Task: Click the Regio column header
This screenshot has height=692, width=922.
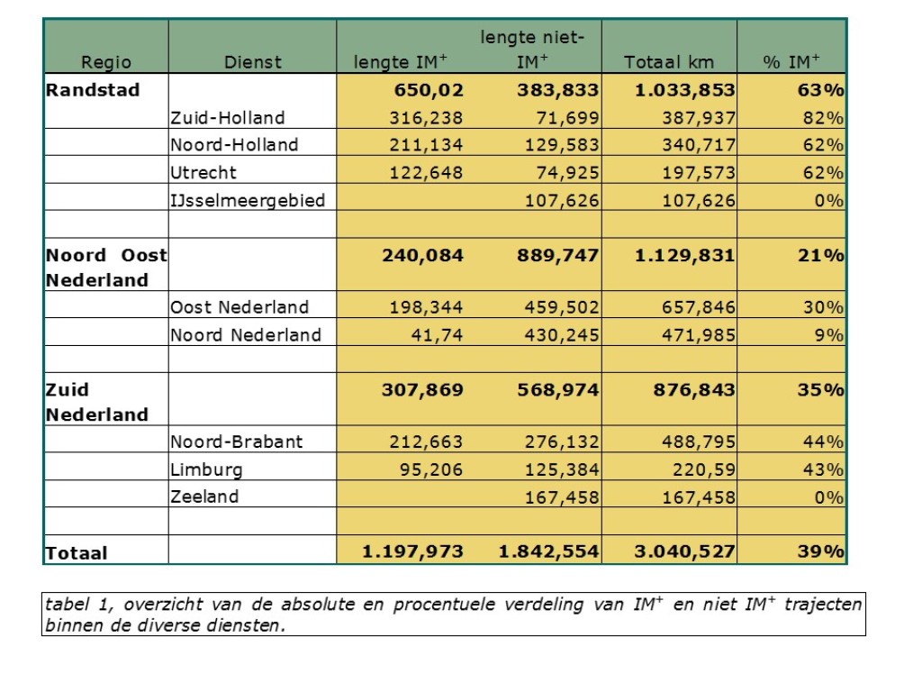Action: pyautogui.click(x=106, y=62)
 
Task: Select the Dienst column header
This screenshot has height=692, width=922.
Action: pyautogui.click(x=253, y=62)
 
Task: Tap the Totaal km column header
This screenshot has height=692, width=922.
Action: pyautogui.click(x=669, y=62)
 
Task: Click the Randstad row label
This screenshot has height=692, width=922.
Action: pyautogui.click(x=94, y=90)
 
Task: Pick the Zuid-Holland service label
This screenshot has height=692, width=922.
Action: pyautogui.click(x=228, y=118)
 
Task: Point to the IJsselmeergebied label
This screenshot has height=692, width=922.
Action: pyautogui.click(x=248, y=200)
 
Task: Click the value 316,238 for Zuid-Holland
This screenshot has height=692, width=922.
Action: pyautogui.click(x=426, y=118)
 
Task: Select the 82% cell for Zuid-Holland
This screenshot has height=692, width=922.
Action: pyautogui.click(x=823, y=118)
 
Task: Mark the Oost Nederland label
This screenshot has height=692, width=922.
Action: pyautogui.click(x=240, y=307)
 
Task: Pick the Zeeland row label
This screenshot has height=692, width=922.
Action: pyautogui.click(x=204, y=497)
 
